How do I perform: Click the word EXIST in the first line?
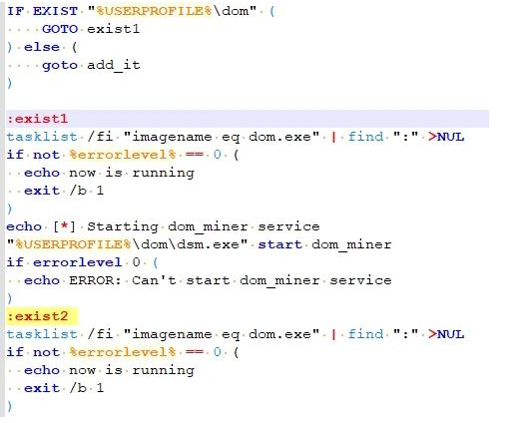point(55,11)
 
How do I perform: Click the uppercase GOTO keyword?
point(60,29)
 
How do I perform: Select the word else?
point(42,47)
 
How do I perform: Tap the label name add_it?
point(114,65)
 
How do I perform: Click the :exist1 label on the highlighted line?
point(38,119)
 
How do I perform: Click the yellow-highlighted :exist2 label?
point(38,316)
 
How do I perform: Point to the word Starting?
point(123,226)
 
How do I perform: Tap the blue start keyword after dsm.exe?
point(280,244)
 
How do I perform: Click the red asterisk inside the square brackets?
point(65,225)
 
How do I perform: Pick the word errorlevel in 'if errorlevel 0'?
point(78,262)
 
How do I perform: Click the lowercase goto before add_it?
point(60,65)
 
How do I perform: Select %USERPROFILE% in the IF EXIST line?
point(154,11)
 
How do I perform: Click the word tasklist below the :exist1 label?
point(42,137)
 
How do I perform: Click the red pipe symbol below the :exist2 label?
point(333,334)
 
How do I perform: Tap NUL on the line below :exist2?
point(450,334)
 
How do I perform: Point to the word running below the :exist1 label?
point(163,173)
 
